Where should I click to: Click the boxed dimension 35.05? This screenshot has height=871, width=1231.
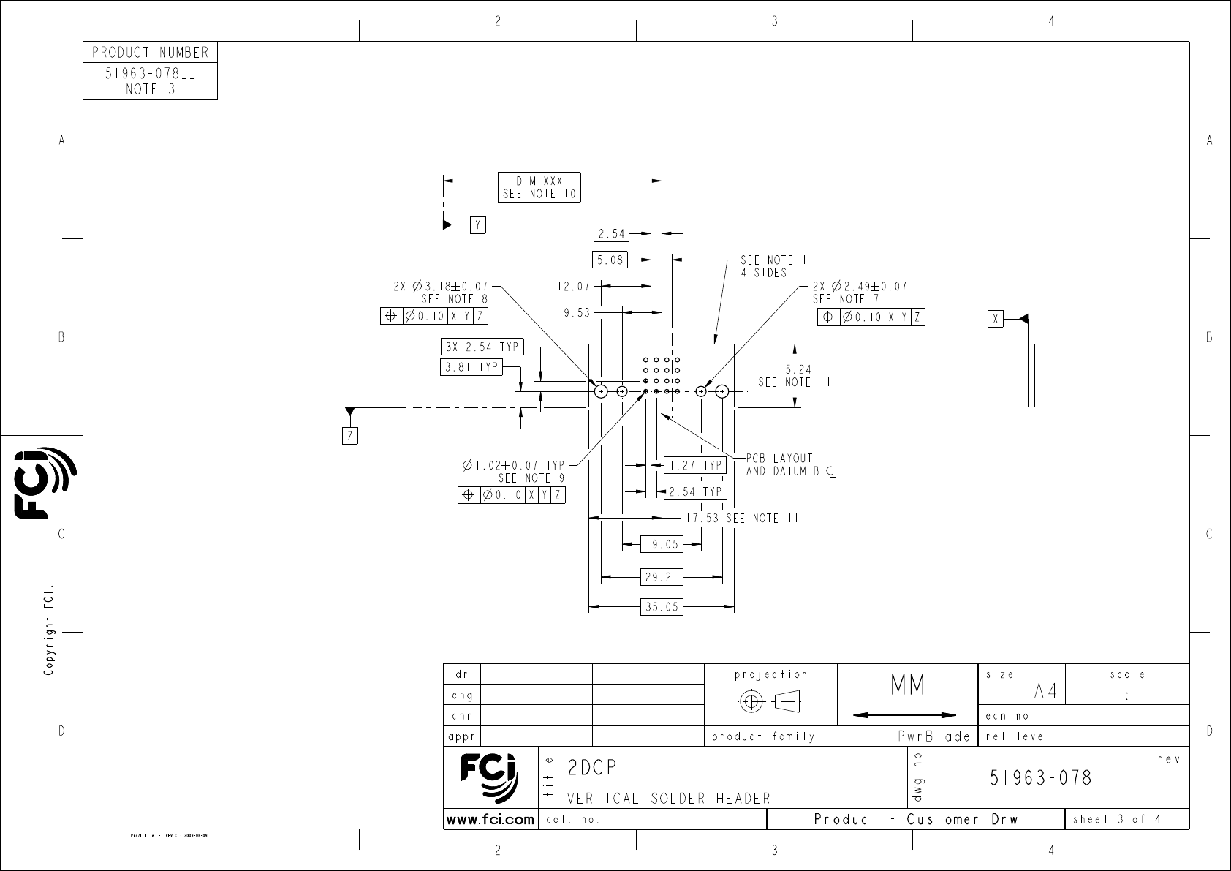[x=662, y=607]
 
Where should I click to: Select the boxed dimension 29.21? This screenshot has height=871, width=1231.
[x=662, y=577]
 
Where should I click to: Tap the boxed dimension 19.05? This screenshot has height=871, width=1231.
[x=662, y=544]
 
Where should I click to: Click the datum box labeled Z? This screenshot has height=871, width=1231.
[x=350, y=436]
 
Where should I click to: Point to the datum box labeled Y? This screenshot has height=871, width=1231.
[x=477, y=225]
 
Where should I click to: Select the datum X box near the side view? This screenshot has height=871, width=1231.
[x=995, y=319]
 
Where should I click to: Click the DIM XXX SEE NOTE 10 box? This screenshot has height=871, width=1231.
[x=539, y=187]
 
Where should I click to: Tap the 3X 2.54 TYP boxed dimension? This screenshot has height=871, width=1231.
[x=482, y=347]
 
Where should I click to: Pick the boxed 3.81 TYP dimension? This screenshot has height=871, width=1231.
[x=472, y=367]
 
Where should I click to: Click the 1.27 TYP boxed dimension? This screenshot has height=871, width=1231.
[x=694, y=465]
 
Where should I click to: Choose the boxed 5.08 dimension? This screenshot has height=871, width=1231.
[x=610, y=259]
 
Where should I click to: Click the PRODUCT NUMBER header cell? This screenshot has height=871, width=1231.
[x=150, y=53]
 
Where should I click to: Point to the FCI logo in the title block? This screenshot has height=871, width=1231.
[x=489, y=777]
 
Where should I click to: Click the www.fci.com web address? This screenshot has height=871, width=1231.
[x=490, y=820]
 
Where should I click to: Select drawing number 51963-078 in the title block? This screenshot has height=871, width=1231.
[x=1040, y=777]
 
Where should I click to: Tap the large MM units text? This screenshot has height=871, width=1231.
[x=907, y=686]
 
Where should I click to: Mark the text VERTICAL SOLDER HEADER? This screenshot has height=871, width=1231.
[x=668, y=799]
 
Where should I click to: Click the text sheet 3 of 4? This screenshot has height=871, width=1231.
[x=1116, y=819]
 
